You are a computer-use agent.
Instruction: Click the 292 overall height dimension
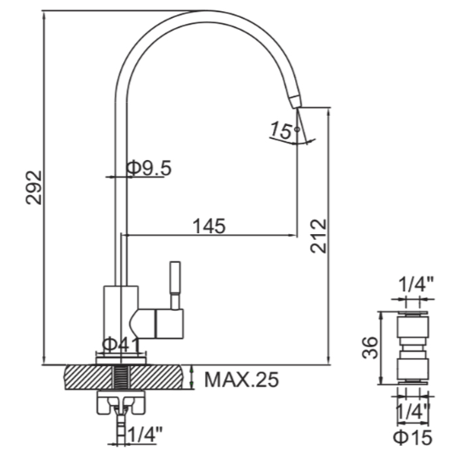(34, 188)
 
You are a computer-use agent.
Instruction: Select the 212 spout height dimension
(319, 236)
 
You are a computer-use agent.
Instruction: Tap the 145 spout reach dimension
(209, 226)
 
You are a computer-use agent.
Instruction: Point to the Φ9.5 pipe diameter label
(149, 169)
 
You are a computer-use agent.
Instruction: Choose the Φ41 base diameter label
(121, 346)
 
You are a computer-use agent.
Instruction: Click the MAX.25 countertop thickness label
(241, 380)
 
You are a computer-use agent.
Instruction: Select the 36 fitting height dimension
(370, 348)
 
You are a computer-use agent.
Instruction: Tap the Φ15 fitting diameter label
(412, 437)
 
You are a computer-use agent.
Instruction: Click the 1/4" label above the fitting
(416, 284)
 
